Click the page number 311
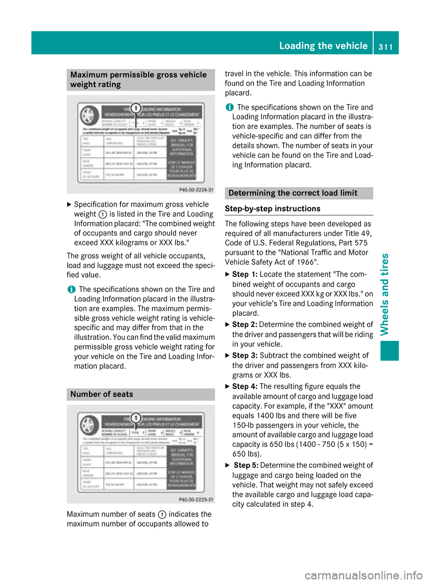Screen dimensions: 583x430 pos(386,47)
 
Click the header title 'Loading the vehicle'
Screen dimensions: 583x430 pos(323,46)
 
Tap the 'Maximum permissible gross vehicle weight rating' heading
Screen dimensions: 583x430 pos(138,80)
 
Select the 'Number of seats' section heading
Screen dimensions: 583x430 pos(102,394)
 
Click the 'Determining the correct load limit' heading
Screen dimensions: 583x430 pos(293,193)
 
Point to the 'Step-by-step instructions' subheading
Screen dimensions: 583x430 pos(272,209)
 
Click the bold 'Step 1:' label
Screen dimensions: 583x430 pos(245,274)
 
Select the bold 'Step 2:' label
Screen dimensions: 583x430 pos(245,325)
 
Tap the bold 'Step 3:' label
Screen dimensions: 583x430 pos(245,356)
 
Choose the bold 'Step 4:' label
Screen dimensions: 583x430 pos(245,386)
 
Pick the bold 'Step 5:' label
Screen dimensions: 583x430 pos(246,466)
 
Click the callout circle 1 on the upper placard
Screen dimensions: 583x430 pos(135,108)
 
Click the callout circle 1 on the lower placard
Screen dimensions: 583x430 pos(136,418)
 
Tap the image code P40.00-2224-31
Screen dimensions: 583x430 pos(196,190)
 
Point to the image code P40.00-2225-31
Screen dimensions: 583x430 pos(196,500)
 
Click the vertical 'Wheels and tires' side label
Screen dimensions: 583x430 pos(385,294)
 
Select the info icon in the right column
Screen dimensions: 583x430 pos(229,107)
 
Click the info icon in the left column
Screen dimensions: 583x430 pos(71,290)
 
